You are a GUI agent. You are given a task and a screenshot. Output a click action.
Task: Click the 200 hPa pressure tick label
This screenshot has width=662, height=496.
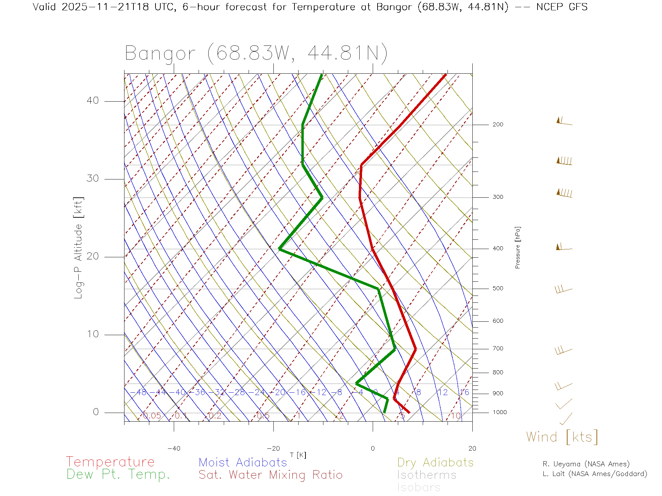498,125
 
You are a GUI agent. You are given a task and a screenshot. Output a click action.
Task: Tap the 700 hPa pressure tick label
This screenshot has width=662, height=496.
498,349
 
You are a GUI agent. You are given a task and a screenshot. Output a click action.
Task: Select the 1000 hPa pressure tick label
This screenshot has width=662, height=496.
499,412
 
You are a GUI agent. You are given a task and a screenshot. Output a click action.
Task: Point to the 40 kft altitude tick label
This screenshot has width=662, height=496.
92,101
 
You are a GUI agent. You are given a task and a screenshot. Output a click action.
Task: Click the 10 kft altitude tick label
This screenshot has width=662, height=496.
92,334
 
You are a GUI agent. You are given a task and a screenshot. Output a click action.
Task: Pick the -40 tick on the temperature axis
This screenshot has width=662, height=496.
174,448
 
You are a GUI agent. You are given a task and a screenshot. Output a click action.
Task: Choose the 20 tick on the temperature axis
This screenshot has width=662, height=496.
472,448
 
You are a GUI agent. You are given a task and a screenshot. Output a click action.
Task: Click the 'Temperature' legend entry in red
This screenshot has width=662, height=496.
110,462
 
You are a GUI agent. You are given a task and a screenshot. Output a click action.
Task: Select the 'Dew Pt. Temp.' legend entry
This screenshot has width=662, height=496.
118,475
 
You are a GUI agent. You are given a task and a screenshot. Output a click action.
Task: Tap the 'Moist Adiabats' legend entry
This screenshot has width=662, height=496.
243,462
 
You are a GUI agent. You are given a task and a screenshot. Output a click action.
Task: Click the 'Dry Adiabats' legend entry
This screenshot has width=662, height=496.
435,462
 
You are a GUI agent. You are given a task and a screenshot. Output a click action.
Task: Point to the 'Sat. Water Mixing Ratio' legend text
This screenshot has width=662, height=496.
270,475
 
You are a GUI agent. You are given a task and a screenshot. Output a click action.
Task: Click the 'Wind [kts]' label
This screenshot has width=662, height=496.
562,437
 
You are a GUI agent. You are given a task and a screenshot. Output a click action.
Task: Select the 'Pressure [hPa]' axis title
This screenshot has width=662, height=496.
518,247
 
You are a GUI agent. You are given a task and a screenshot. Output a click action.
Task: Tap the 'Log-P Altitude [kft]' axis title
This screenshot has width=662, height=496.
78,248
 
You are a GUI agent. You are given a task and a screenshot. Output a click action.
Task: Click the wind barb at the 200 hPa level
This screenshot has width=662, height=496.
564,122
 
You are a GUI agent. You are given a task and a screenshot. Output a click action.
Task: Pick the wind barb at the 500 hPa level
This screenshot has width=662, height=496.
563,289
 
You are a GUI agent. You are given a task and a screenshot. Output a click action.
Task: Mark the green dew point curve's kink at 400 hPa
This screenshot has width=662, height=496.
279,249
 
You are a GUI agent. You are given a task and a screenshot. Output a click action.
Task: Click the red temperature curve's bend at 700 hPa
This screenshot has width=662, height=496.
415,349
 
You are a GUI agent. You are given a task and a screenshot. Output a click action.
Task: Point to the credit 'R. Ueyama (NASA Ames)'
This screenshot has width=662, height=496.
586,464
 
